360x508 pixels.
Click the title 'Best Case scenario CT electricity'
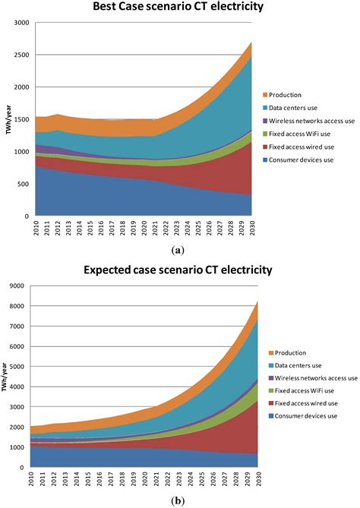click(178, 8)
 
